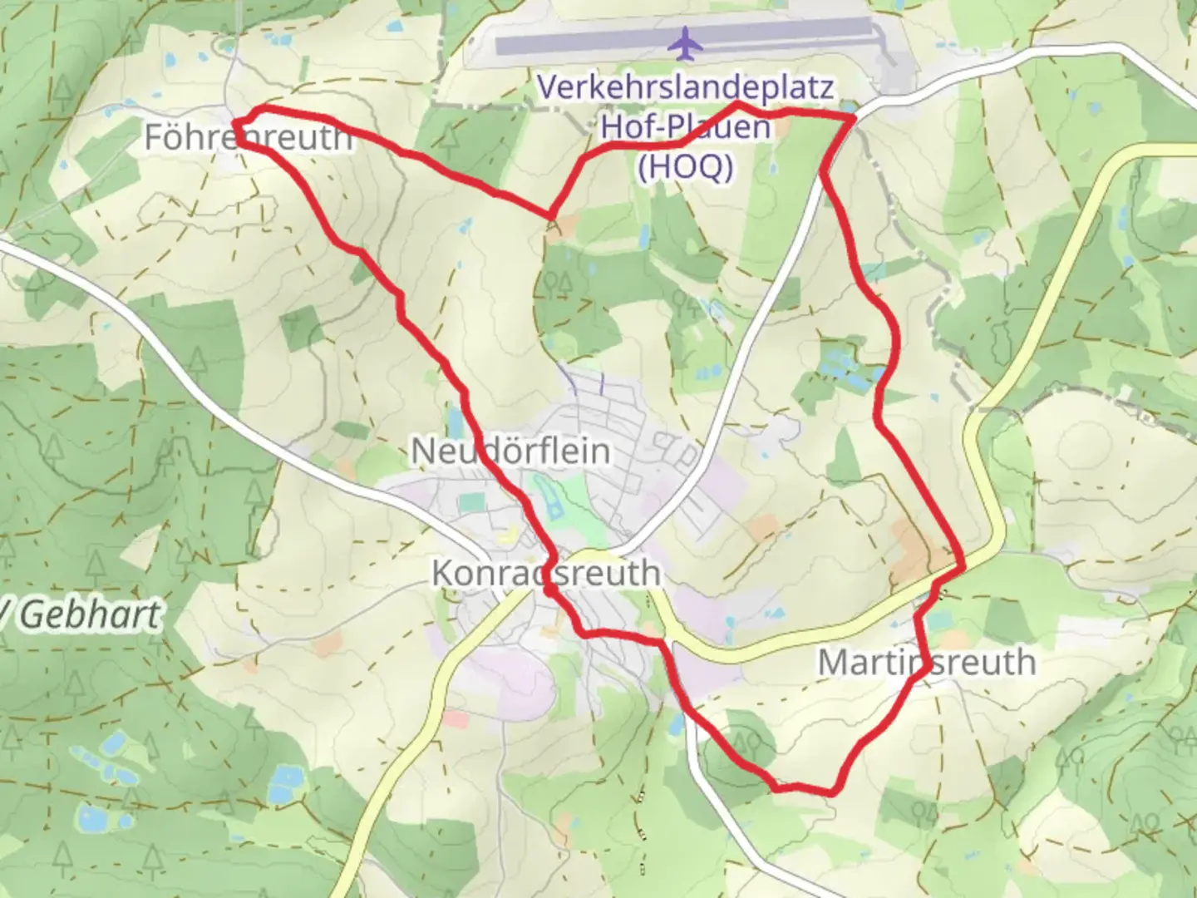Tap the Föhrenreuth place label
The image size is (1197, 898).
[248, 137]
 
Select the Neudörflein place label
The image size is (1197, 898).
[510, 451]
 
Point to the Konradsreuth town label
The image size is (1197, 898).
[545, 573]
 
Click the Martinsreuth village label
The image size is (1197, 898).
[926, 663]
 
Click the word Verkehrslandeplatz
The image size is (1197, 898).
[685, 87]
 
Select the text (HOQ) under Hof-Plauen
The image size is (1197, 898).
[685, 166]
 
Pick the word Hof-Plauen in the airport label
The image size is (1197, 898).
[685, 127]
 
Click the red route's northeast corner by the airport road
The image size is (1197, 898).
[853, 119]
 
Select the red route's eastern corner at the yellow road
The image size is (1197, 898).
[962, 567]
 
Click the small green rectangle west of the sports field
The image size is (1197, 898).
[470, 502]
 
